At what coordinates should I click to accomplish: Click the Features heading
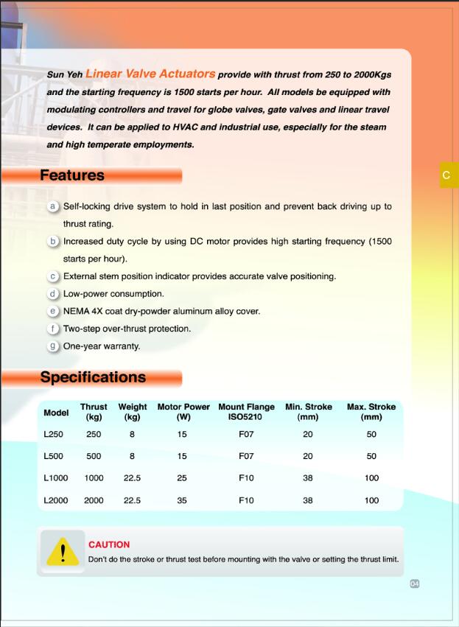pyautogui.click(x=72, y=175)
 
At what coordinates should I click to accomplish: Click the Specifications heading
pyautogui.click(x=93, y=377)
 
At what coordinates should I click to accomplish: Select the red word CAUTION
pyautogui.click(x=109, y=544)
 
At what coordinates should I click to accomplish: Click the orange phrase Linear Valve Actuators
pyautogui.click(x=150, y=74)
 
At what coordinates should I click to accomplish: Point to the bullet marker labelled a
pyautogui.click(x=53, y=206)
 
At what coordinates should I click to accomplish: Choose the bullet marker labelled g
pyautogui.click(x=53, y=346)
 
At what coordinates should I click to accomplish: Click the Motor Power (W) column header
pyautogui.click(x=183, y=411)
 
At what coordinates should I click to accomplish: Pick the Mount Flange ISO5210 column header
pyautogui.click(x=246, y=411)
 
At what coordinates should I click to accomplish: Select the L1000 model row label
pyautogui.click(x=56, y=478)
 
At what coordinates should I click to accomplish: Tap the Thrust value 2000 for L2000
pyautogui.click(x=94, y=500)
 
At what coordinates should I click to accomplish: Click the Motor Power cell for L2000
pyautogui.click(x=182, y=500)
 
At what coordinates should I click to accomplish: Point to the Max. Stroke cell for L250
pyautogui.click(x=371, y=435)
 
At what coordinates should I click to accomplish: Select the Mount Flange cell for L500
pyautogui.click(x=246, y=457)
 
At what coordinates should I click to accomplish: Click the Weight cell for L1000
pyautogui.click(x=133, y=478)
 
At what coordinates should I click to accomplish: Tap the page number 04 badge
pyautogui.click(x=415, y=584)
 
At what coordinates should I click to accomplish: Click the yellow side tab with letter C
pyautogui.click(x=447, y=175)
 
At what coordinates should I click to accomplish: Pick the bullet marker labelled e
pyautogui.click(x=53, y=311)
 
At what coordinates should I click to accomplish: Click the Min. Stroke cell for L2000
pyautogui.click(x=307, y=500)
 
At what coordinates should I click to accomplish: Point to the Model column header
pyautogui.click(x=56, y=413)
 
